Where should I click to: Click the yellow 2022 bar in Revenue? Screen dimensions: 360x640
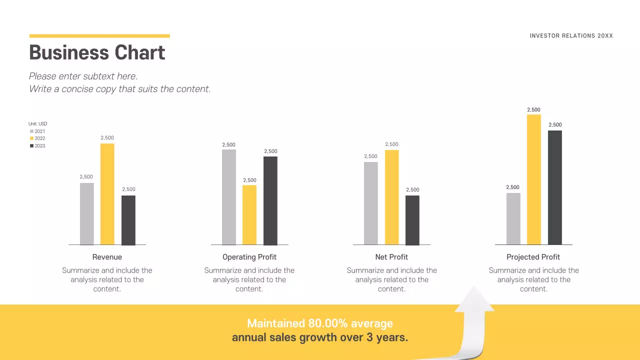point(107,194)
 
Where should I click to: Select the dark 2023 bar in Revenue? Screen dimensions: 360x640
point(128,220)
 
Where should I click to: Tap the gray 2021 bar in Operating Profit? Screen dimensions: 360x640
point(228,197)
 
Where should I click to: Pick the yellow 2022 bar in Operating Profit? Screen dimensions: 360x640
point(249,215)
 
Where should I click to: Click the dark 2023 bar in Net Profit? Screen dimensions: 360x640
point(412,220)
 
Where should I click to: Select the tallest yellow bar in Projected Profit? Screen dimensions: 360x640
point(534,179)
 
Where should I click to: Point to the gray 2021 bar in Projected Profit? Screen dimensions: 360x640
point(513,218)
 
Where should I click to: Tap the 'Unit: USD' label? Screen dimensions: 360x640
point(38,124)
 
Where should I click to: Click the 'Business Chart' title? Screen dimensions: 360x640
point(97,52)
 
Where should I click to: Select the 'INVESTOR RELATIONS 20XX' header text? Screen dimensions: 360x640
point(571,36)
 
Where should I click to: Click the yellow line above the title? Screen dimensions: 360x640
point(99,36)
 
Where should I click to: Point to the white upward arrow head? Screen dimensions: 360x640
point(474,300)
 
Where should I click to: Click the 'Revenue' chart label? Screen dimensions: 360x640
point(107,257)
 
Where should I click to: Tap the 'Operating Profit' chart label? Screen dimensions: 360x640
point(249,257)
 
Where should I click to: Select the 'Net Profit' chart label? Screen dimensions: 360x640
point(391,257)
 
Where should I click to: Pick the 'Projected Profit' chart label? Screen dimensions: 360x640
point(533,257)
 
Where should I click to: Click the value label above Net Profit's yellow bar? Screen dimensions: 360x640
point(391,144)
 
